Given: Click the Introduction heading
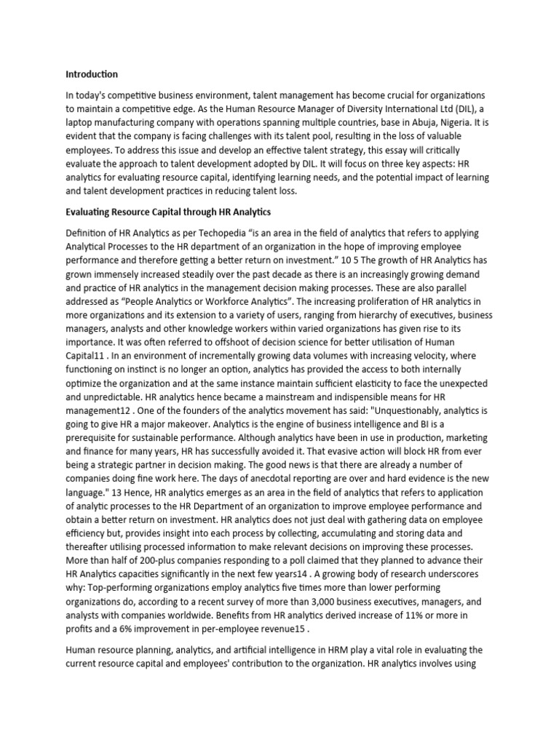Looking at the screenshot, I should [92, 74].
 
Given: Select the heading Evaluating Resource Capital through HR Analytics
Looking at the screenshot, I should [168, 212].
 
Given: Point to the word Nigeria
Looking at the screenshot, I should [437, 124].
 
